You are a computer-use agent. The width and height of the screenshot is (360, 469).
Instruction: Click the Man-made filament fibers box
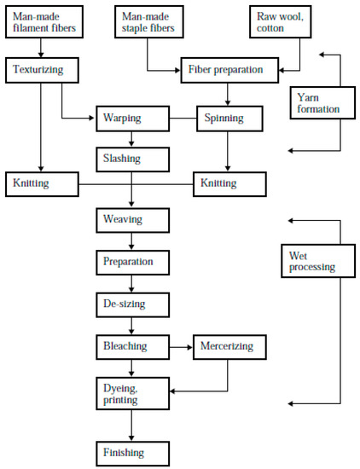(x=44, y=22)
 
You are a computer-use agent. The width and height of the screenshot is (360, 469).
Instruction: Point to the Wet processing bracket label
(x=311, y=260)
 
